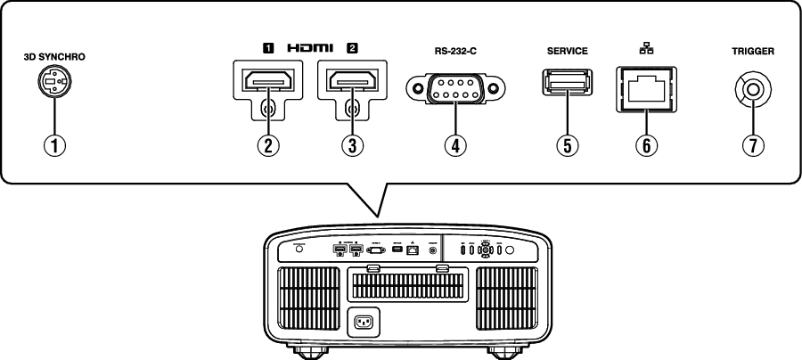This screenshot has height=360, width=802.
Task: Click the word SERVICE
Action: click(567, 52)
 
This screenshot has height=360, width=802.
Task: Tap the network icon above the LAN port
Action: click(642, 50)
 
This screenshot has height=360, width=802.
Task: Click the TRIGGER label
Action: click(751, 52)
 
